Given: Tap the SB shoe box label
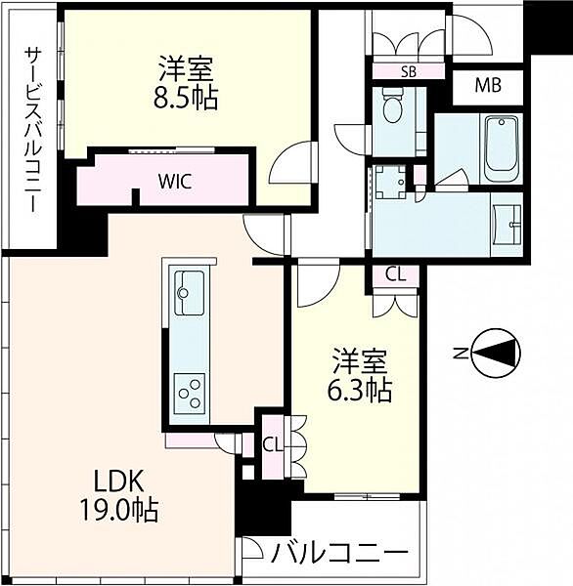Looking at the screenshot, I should (x=408, y=70).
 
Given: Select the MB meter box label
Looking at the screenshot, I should (x=487, y=85).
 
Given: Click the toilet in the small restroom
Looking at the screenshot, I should (x=394, y=106).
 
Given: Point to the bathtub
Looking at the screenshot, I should (x=502, y=148).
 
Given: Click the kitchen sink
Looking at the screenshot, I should (x=190, y=288).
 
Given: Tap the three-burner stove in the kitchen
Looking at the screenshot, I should (x=189, y=395).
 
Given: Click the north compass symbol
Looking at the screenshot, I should (x=495, y=353).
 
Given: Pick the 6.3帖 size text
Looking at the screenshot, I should (x=362, y=391).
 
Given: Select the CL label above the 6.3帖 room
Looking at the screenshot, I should (x=395, y=274).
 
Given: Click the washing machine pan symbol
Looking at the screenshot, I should (x=395, y=181).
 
